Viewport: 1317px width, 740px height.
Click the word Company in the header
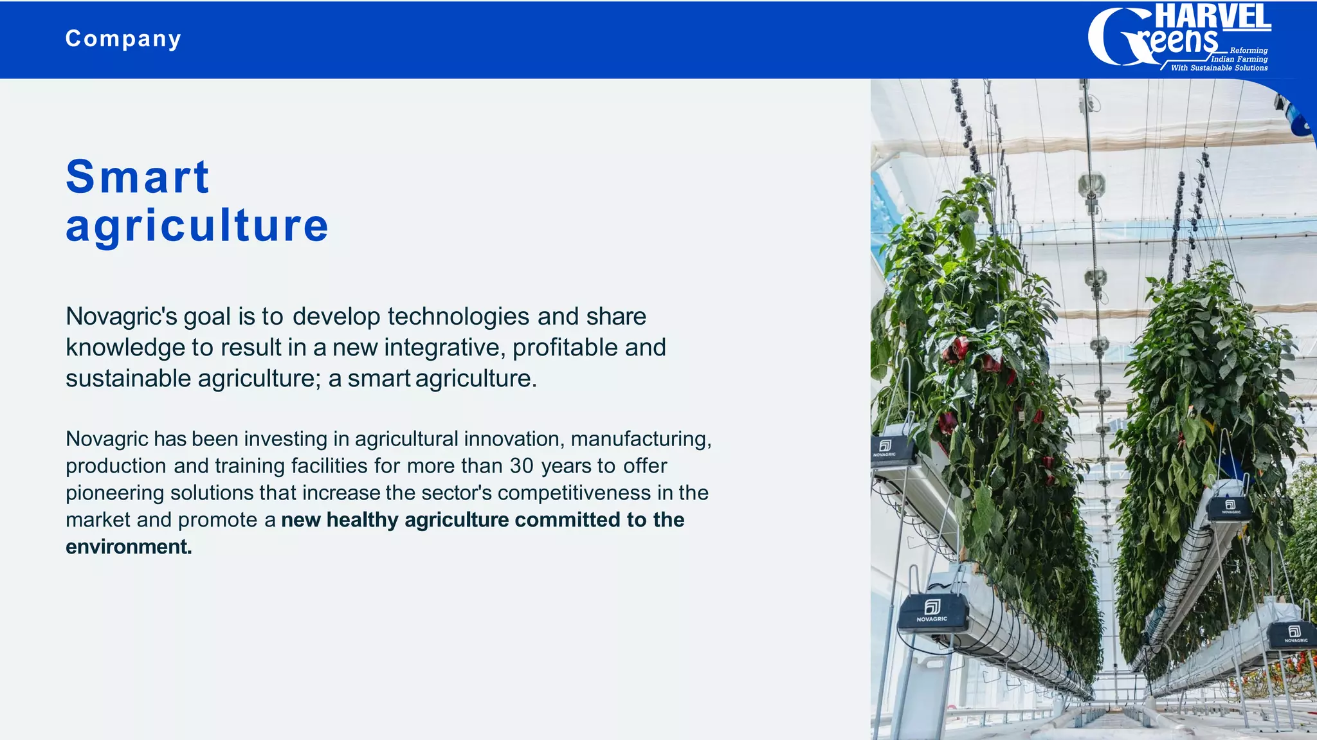(123, 39)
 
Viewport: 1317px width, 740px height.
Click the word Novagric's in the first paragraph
(121, 316)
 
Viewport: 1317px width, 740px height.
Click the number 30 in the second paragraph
(522, 465)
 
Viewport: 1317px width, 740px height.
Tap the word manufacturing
(640, 439)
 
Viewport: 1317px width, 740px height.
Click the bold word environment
(129, 546)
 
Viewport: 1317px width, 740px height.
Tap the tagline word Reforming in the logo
(1248, 50)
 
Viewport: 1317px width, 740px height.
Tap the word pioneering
(114, 492)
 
